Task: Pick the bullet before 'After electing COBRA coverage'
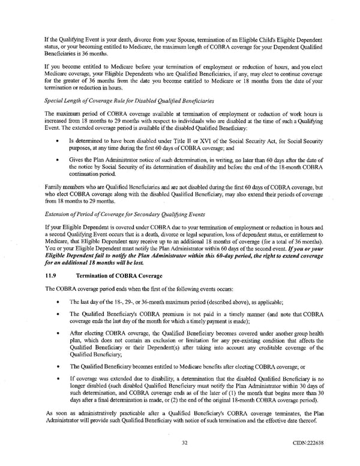(x=56, y=332)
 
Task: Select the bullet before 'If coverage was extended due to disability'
(x=56, y=379)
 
